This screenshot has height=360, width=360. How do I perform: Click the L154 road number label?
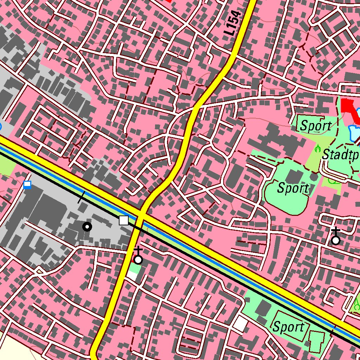click(233, 23)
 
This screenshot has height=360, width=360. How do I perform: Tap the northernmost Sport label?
click(315, 126)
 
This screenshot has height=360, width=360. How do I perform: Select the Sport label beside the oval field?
click(292, 188)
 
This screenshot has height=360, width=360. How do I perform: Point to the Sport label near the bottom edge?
click(289, 327)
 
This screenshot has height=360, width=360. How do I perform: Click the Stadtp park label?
click(340, 154)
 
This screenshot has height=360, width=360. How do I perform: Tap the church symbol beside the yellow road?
click(138, 259)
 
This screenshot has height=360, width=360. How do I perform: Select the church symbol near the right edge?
click(336, 240)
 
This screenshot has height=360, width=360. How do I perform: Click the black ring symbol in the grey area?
click(87, 227)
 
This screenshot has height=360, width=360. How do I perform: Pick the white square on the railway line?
click(124, 220)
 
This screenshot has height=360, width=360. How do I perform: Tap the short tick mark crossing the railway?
click(81, 198)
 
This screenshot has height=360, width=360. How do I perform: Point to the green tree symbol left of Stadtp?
click(318, 148)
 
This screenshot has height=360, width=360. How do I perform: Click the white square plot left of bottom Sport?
click(241, 323)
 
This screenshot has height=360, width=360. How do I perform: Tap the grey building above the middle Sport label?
click(293, 176)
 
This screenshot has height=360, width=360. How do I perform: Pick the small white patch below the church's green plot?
click(132, 276)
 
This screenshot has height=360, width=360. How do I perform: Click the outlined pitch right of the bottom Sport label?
click(317, 339)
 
